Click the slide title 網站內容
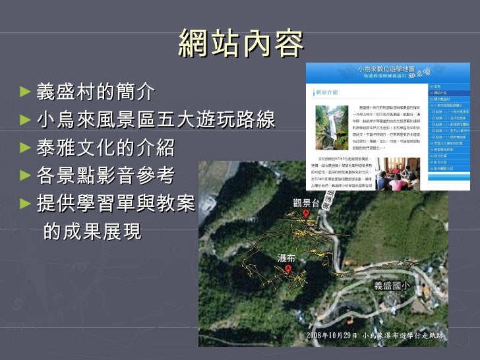[x=241, y=44]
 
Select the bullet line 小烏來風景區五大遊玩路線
[x=156, y=121]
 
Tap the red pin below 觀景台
[x=306, y=215]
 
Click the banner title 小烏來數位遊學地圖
[x=386, y=68]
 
